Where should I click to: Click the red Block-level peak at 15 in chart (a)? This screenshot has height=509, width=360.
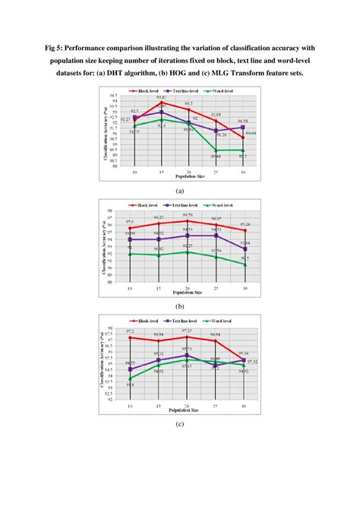point(161,102)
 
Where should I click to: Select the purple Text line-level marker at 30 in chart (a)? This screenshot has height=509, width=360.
point(242,127)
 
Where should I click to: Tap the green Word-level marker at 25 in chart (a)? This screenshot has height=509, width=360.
point(216,150)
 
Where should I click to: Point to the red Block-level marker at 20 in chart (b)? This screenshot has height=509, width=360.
point(188,221)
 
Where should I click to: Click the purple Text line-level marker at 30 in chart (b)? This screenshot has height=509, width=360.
point(243,248)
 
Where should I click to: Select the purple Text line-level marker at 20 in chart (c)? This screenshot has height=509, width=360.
point(188,355)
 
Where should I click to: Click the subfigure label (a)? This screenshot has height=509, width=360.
point(180,191)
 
